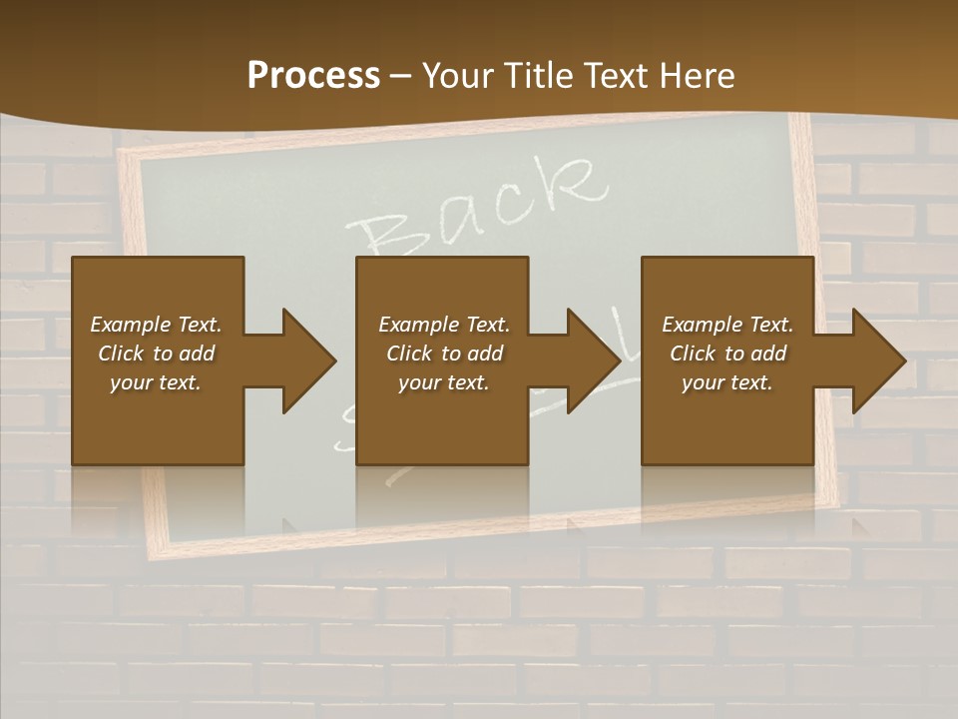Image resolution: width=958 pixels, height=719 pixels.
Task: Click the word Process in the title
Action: point(313,76)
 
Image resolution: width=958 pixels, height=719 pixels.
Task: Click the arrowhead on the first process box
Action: point(309,360)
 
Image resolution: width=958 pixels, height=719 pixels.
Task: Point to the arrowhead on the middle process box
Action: point(594,360)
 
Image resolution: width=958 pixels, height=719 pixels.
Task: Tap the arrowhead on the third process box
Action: point(879,360)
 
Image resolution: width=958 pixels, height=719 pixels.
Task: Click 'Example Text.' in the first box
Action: point(156,325)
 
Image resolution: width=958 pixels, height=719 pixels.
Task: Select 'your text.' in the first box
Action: point(156,382)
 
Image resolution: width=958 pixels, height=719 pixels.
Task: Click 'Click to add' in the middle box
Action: point(444,354)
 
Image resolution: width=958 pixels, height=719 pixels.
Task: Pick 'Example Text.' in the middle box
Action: point(444,325)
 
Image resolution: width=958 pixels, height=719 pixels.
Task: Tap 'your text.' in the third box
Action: point(727,382)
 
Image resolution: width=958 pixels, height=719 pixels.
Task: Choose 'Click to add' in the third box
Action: point(727,354)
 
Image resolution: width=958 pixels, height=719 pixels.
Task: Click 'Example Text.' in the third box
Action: point(727,325)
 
